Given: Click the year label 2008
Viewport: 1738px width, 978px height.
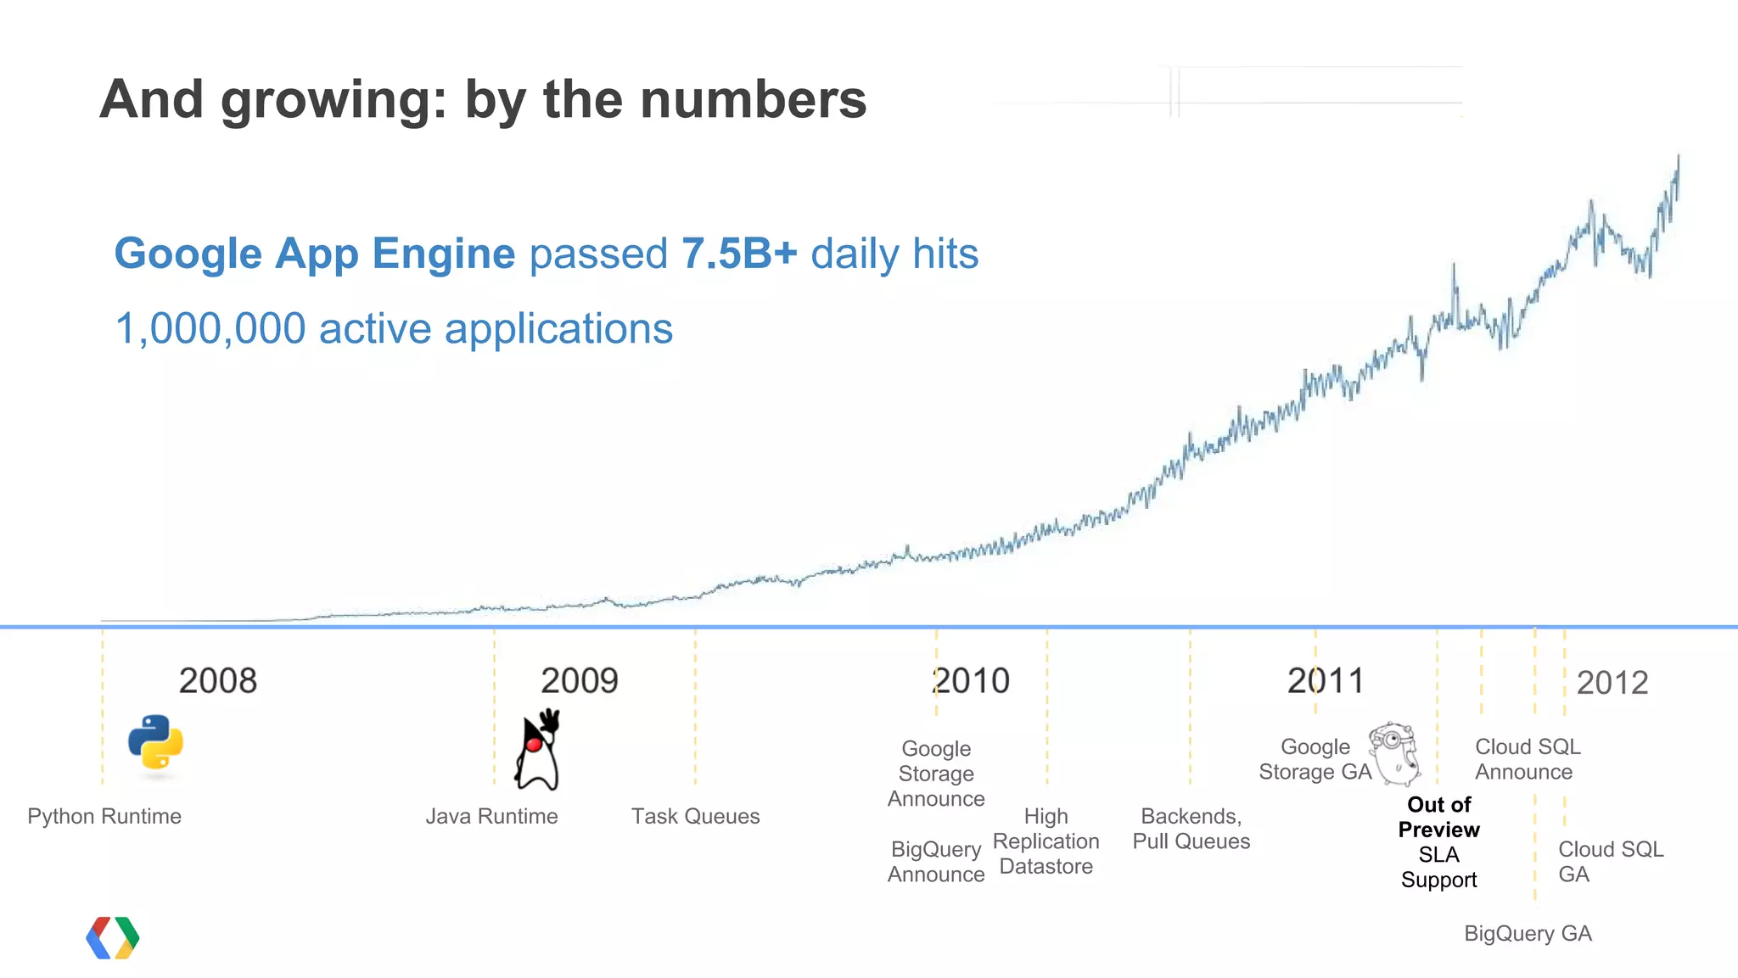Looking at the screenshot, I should (x=217, y=680).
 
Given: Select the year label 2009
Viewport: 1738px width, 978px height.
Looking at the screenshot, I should (x=580, y=680).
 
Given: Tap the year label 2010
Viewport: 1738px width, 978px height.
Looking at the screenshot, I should (x=972, y=680).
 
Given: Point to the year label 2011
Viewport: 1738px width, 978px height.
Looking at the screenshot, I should (x=1326, y=680).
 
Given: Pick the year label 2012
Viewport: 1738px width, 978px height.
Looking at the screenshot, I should (x=1612, y=683).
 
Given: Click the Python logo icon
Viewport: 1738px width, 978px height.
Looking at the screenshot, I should (x=156, y=742).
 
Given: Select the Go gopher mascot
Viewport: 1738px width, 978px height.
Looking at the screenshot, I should (x=1395, y=753).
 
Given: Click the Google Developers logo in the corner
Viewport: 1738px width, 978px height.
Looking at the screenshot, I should (x=113, y=938).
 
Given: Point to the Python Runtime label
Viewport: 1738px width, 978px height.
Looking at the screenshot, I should (x=104, y=816).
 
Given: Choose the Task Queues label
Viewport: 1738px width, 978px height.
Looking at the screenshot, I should (x=695, y=816).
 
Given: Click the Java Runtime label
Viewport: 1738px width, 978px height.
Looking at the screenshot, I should (x=491, y=816).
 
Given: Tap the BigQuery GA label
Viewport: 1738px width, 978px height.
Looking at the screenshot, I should (x=1528, y=933).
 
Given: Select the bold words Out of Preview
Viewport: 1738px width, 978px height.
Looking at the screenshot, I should (x=1438, y=817).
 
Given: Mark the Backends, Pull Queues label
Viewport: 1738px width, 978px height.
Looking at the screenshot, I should (x=1191, y=829).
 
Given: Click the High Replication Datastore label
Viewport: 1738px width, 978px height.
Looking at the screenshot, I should (x=1046, y=841).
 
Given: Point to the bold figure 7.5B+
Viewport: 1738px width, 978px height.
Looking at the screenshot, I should (x=739, y=254).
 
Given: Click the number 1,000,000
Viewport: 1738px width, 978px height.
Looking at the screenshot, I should (x=210, y=329).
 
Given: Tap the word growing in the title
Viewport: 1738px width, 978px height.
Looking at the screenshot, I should (x=333, y=100).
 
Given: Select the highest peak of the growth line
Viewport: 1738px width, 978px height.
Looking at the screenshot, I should (x=1678, y=157).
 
